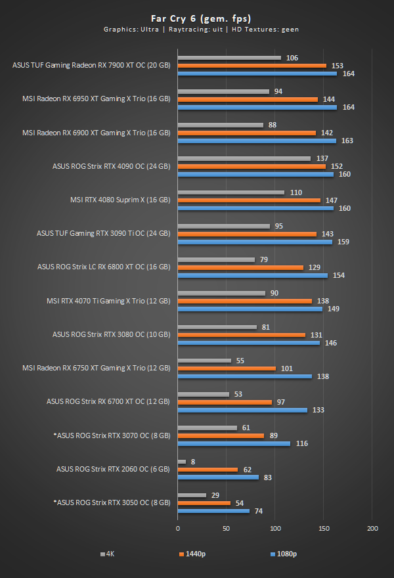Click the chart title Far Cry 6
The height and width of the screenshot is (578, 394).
point(196,18)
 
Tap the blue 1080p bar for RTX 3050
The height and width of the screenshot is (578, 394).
point(213,510)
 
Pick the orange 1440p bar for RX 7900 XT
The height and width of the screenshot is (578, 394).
point(252,66)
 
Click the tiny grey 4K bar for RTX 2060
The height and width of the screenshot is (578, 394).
point(182,462)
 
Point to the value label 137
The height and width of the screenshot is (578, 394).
point(322,158)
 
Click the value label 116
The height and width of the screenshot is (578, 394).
point(302,443)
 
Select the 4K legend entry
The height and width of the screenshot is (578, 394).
point(107,554)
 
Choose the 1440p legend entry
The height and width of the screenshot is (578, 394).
point(192,554)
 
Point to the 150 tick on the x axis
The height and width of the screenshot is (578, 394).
point(324,528)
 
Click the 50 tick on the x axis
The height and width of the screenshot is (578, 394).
point(227,528)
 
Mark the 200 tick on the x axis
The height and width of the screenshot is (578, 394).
point(372,528)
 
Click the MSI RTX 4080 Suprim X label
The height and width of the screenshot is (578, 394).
point(120,200)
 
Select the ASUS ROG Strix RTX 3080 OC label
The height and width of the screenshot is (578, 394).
point(111,334)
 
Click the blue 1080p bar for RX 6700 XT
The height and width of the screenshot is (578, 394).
point(242,410)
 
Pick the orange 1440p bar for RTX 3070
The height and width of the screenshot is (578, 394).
point(221,435)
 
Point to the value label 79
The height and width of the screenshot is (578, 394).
point(264,259)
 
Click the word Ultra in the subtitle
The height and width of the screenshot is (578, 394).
point(141,29)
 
